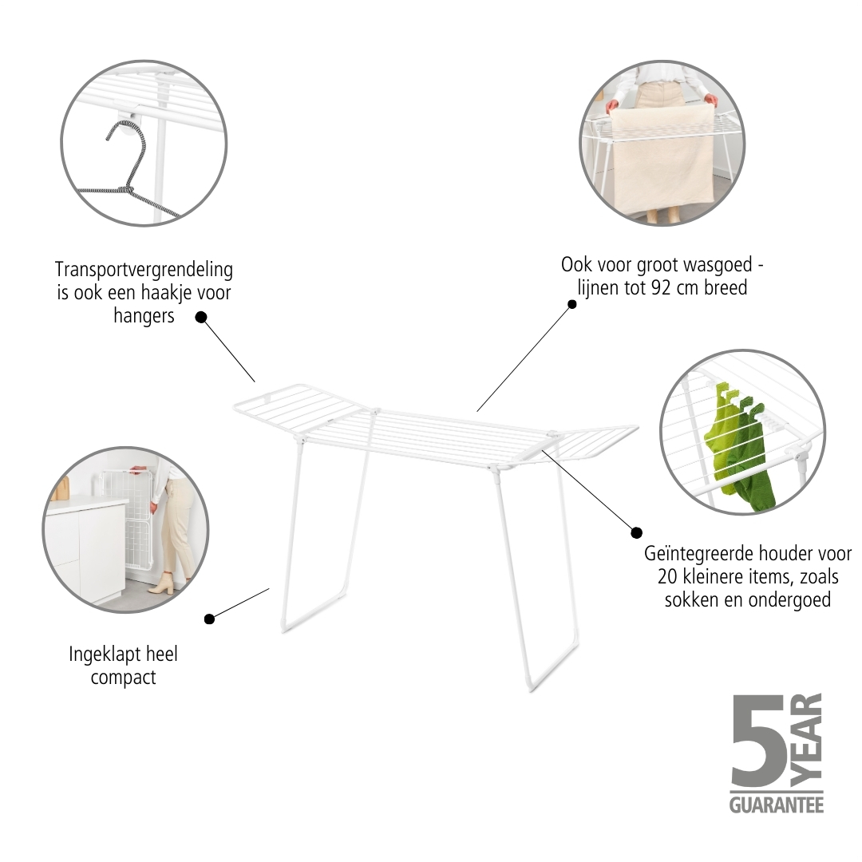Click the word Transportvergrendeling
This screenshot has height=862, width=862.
click(x=144, y=271)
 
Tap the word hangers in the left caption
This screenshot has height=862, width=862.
click(x=144, y=316)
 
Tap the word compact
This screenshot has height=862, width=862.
click(x=123, y=678)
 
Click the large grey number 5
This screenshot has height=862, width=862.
click(x=758, y=740)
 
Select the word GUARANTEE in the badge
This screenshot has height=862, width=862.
click(x=777, y=805)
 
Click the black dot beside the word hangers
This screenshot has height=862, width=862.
click(x=201, y=317)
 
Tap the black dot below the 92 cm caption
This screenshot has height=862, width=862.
click(x=571, y=304)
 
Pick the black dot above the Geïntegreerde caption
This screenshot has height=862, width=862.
click(x=637, y=532)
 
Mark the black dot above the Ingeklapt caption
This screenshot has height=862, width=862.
click(x=209, y=619)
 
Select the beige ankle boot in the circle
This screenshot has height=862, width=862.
click(x=160, y=583)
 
